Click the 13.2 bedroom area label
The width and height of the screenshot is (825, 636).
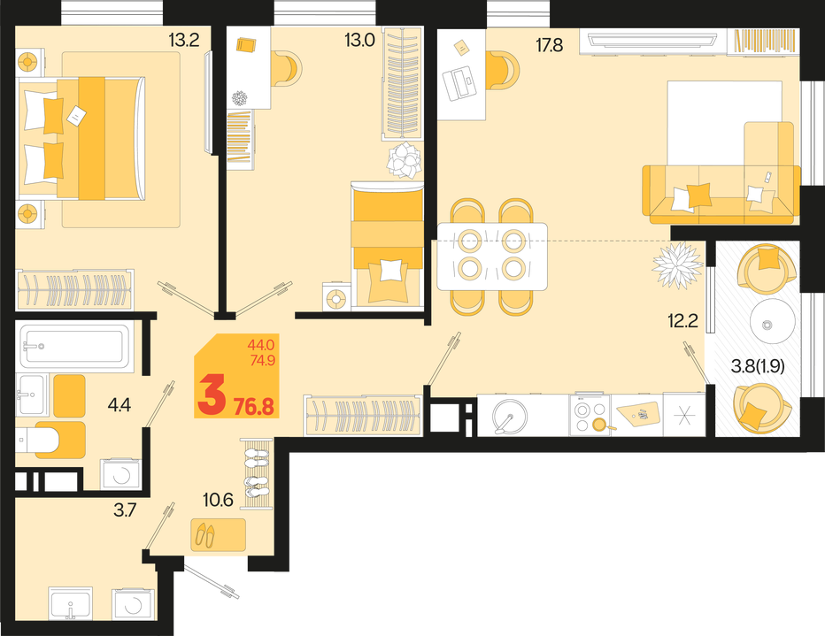[x=183, y=40]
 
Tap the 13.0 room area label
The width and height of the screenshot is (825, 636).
[x=359, y=40]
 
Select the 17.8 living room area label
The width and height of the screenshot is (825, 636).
[x=550, y=46]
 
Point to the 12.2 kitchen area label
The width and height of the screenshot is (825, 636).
[x=683, y=320]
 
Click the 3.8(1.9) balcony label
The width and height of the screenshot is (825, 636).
[x=758, y=366]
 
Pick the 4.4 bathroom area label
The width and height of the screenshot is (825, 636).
[x=119, y=405]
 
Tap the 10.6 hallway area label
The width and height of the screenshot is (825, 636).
[x=218, y=500]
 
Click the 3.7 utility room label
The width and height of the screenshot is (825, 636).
[x=125, y=510]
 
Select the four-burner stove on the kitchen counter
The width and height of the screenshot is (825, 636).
[x=590, y=415]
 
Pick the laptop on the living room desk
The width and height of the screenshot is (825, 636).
[x=459, y=83]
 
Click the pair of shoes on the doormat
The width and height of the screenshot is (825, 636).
[x=205, y=534]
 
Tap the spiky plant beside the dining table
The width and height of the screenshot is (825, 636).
[x=677, y=264]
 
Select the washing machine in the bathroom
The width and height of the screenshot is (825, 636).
[x=121, y=474]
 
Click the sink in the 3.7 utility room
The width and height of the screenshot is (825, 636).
[x=71, y=603]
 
